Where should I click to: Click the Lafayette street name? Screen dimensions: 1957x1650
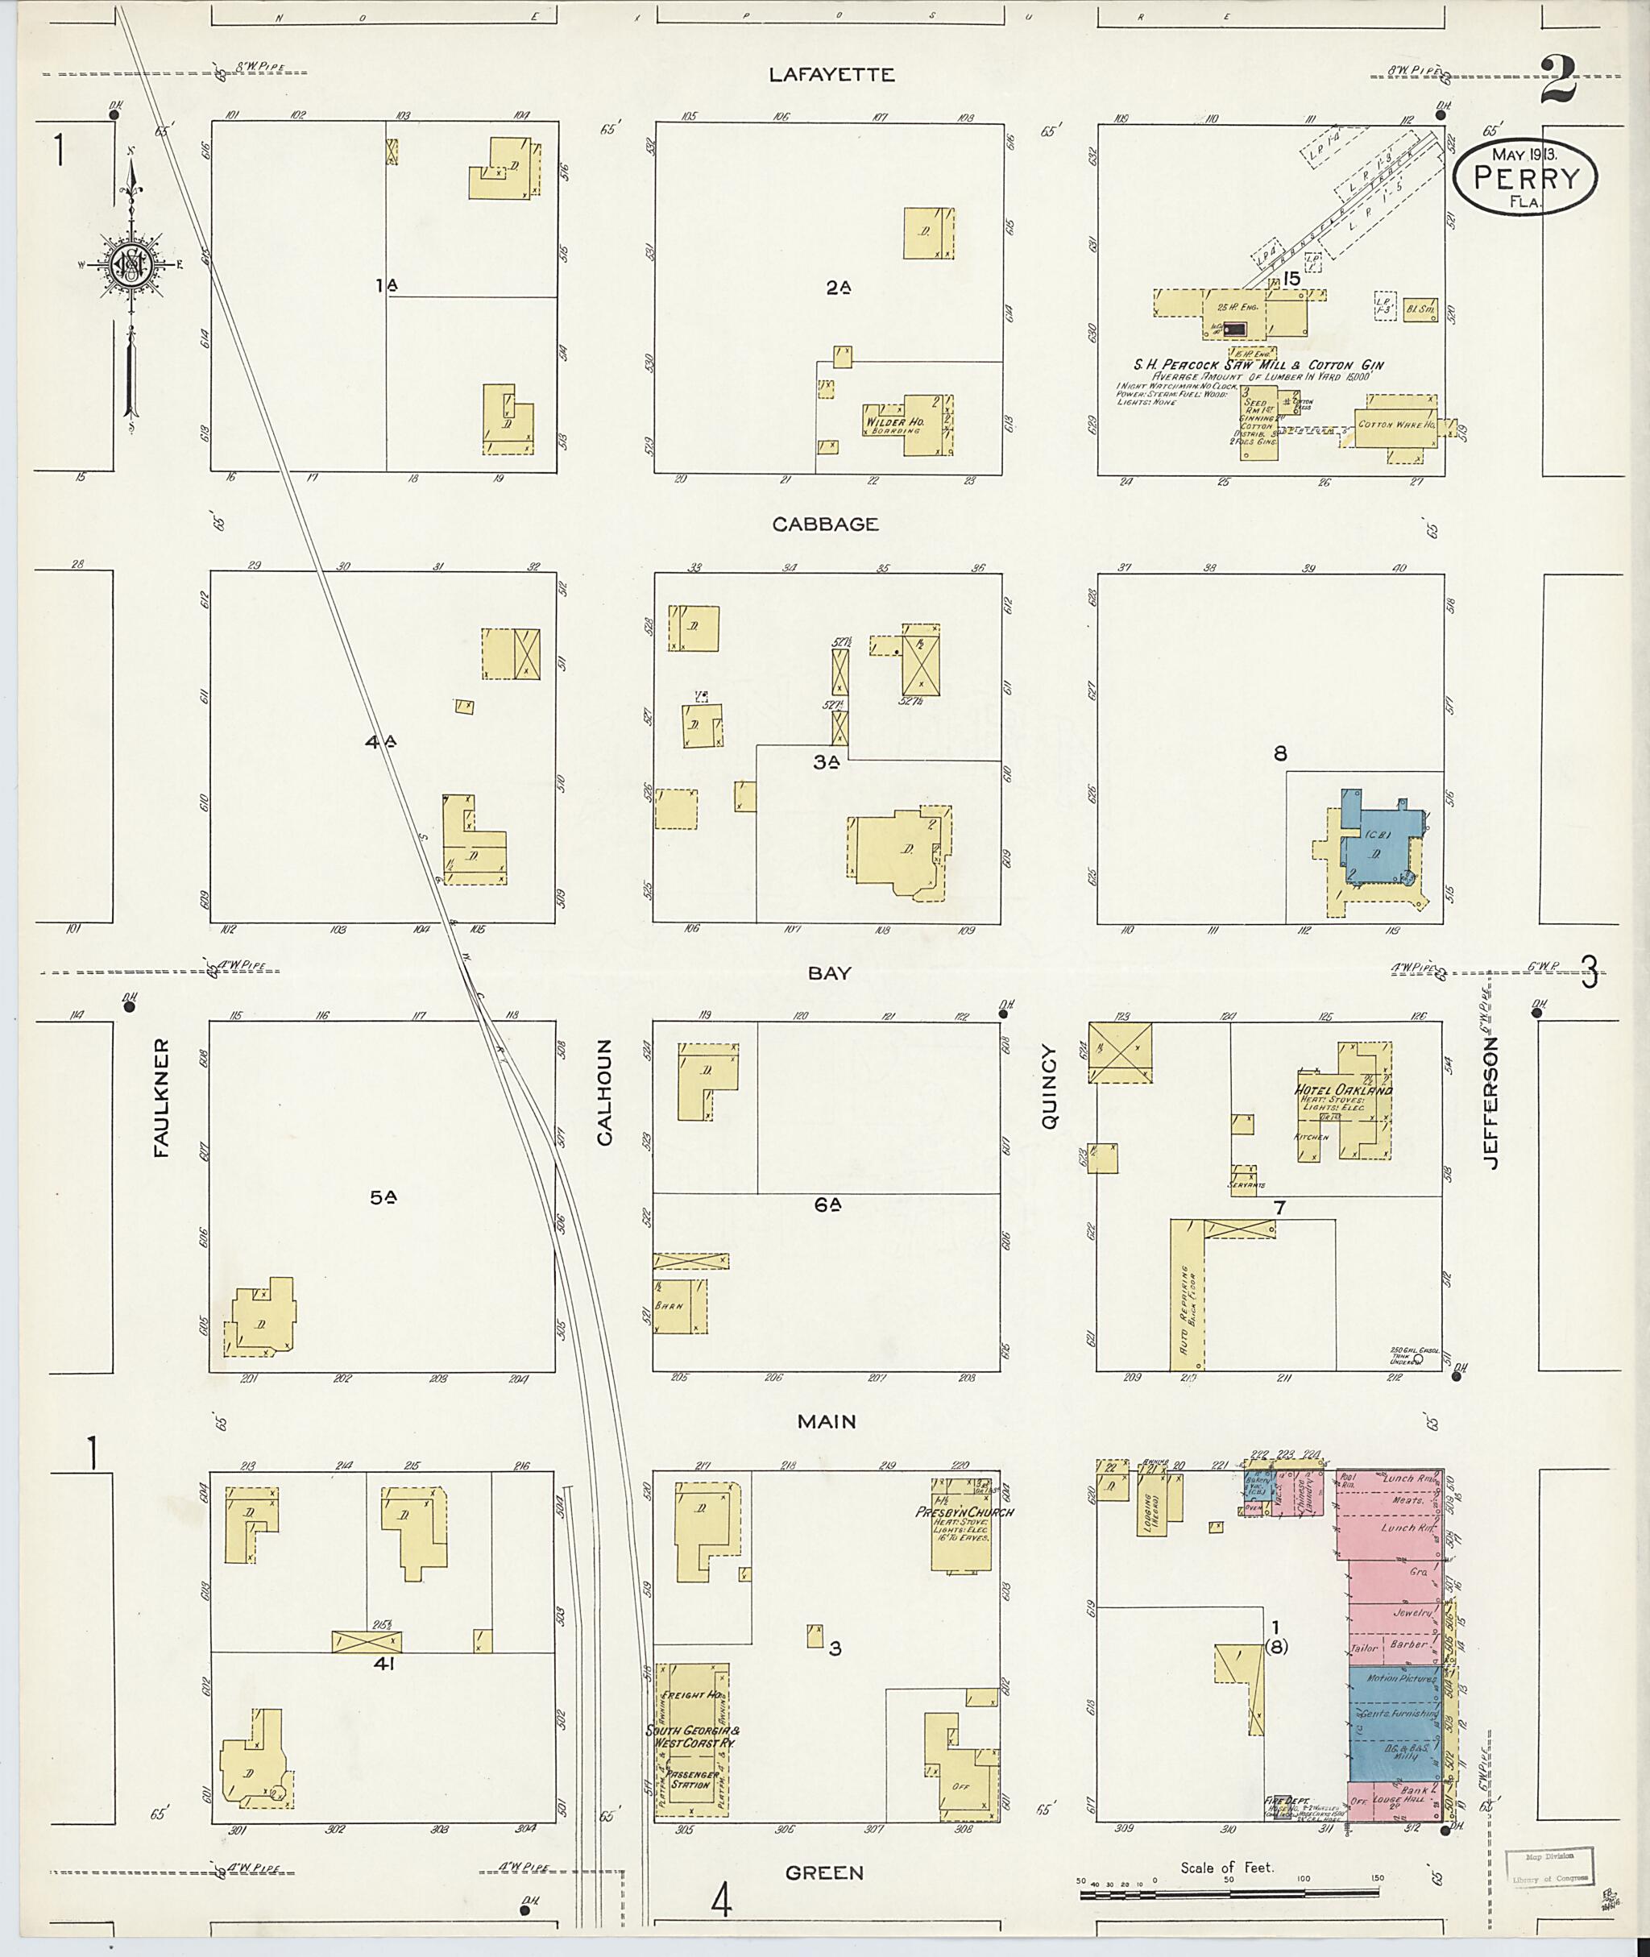coord(831,75)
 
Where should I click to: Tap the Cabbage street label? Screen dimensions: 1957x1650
coord(825,524)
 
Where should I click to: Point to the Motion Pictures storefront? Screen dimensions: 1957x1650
coord(1400,1679)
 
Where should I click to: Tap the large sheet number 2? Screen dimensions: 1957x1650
coord(1557,81)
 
